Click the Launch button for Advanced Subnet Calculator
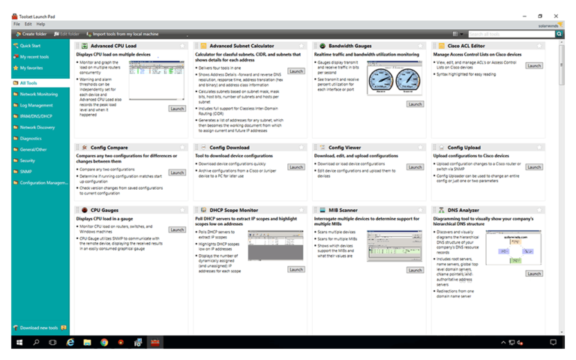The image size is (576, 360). tap(296, 71)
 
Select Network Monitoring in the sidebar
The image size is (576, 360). tap(38, 94)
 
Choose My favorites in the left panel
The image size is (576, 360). tap(31, 67)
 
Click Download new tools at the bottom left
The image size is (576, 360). tap(40, 328)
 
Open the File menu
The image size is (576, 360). tap(16, 24)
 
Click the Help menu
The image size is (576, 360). tap(40, 24)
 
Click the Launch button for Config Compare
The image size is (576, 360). tap(177, 172)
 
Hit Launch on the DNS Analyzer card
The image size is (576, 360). tap(533, 274)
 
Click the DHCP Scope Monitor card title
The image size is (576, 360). tap(234, 211)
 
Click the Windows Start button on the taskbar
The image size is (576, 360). tap(18, 342)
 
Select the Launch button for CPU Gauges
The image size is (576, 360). tap(177, 229)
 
